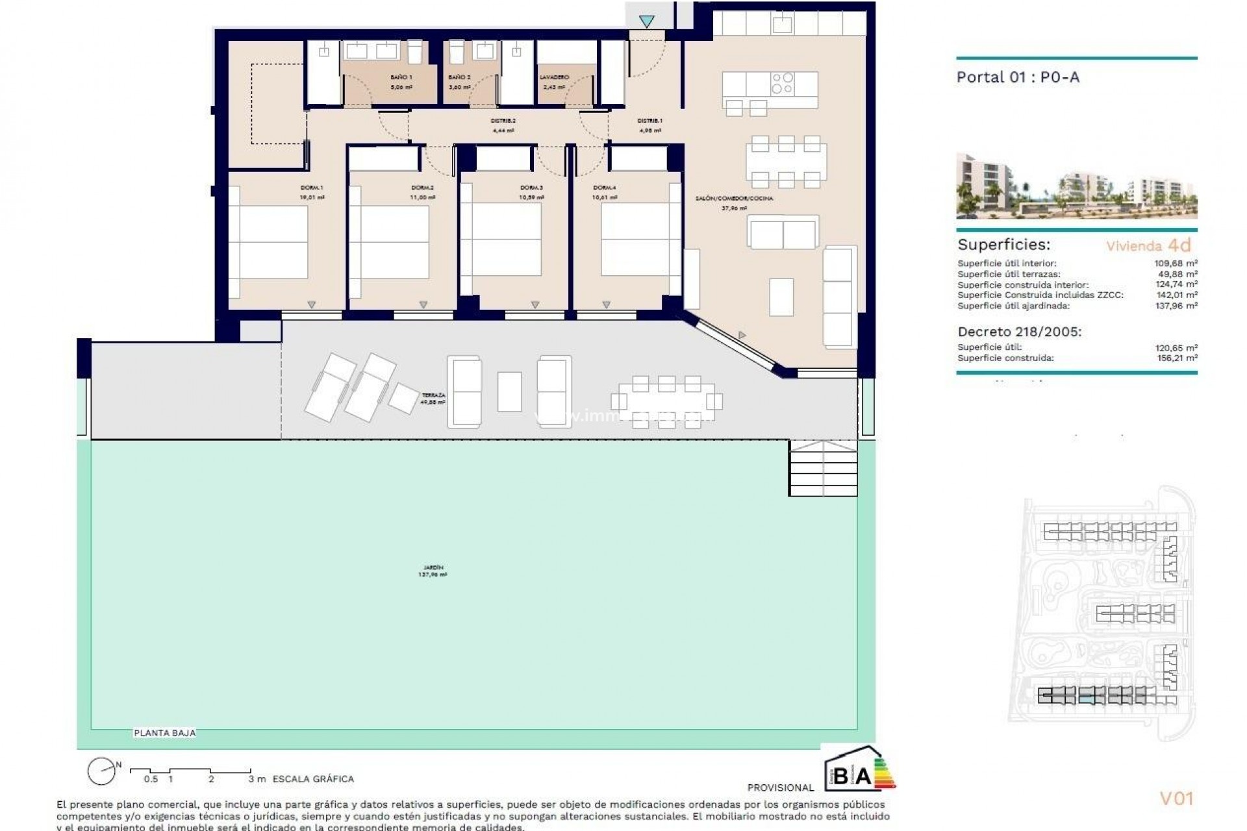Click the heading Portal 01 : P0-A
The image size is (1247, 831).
[1018, 77]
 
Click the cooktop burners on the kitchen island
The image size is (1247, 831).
[782, 83]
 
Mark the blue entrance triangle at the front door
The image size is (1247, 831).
[646, 21]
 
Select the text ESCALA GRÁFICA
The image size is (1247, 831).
[313, 779]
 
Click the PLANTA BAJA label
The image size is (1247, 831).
[164, 733]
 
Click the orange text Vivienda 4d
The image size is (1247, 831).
[1149, 245]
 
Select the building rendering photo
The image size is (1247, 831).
[1076, 186]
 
